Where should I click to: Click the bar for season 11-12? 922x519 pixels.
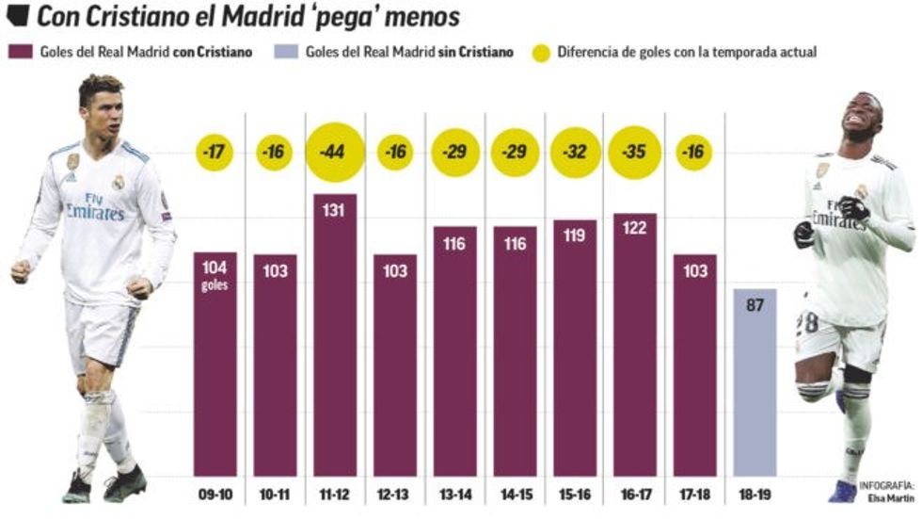pos(335,334)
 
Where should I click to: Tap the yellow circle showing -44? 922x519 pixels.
pos(335,152)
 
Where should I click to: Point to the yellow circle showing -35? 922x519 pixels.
pos(634,152)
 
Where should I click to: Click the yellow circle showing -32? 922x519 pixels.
pos(575,152)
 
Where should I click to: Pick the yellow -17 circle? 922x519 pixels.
pos(215,152)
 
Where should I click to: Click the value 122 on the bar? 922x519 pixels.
pos(634,228)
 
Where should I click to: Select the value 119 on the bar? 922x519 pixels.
pos(575,235)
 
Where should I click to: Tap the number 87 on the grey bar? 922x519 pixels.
pos(755,304)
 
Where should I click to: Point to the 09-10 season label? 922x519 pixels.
pos(215,492)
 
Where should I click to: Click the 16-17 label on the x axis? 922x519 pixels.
pos(634,492)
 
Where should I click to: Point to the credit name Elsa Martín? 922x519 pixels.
pos(885,495)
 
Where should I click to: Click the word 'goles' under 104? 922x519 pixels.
pos(215,284)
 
